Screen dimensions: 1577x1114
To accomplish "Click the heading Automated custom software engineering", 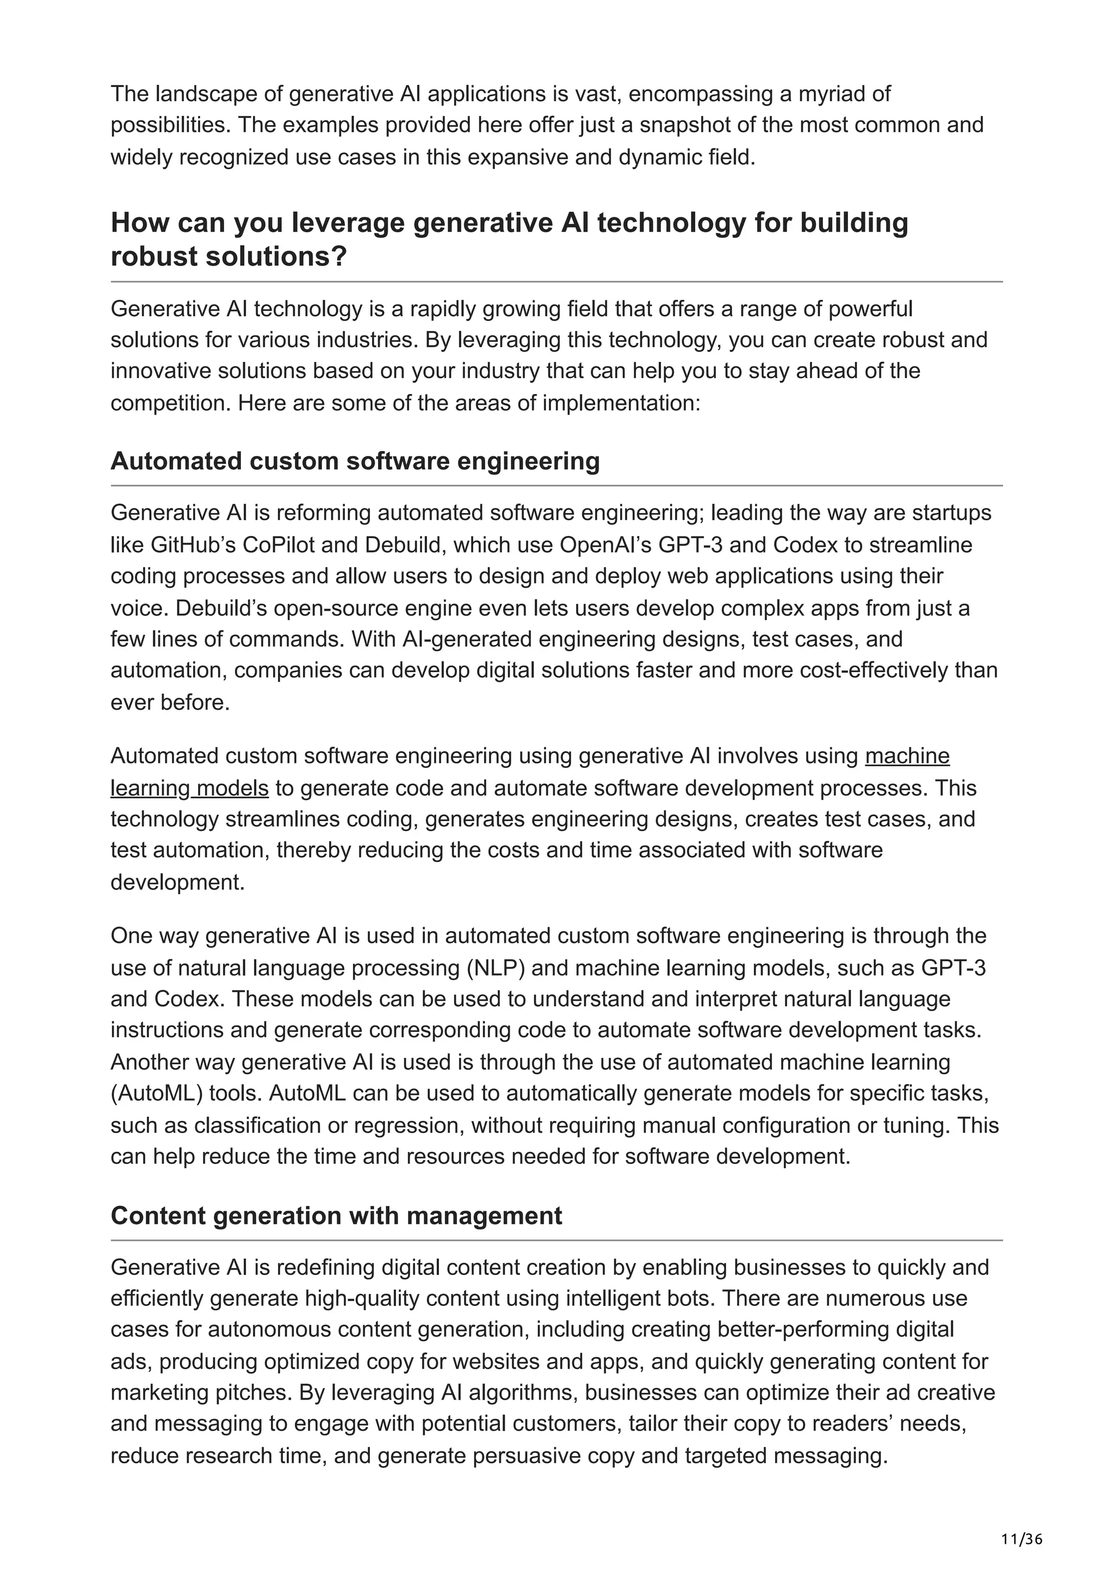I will [355, 461].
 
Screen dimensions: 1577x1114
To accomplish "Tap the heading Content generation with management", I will [336, 1216].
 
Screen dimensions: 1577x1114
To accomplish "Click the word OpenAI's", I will [605, 545].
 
